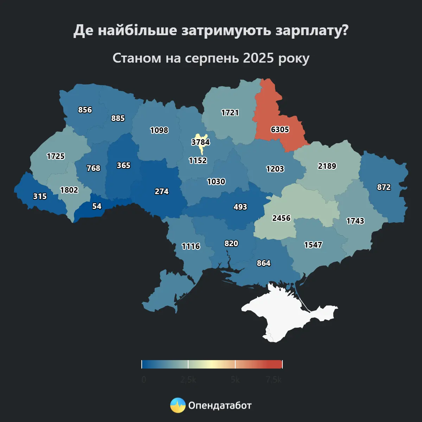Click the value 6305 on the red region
point(280,130)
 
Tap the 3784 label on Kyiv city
point(200,142)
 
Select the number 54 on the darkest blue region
point(97,206)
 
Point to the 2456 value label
point(281,218)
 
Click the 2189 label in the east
point(327,166)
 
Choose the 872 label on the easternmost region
point(384,187)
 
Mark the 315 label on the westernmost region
point(40,196)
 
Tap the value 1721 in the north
point(230,113)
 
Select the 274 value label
point(162,192)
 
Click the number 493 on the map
point(240,207)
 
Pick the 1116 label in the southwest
point(191,247)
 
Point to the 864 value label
point(264,263)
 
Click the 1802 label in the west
point(69,190)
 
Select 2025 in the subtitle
point(258,58)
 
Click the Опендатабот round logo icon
point(178,405)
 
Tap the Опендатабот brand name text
point(220,405)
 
